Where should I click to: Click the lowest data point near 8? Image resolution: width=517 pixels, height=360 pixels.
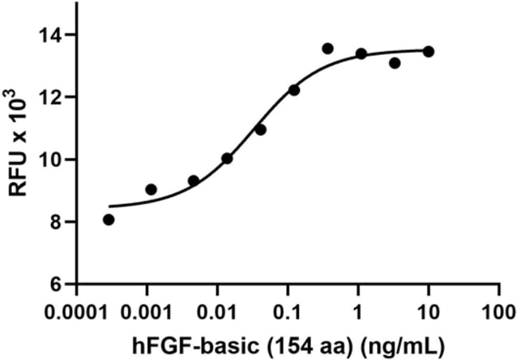(x=109, y=219)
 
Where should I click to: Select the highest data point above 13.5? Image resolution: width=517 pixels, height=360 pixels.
(x=328, y=48)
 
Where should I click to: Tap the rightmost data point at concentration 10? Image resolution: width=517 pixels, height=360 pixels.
(x=429, y=52)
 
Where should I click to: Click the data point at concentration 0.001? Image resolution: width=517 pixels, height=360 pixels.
(x=151, y=189)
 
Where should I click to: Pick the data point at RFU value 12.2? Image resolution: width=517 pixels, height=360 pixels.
(x=294, y=90)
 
